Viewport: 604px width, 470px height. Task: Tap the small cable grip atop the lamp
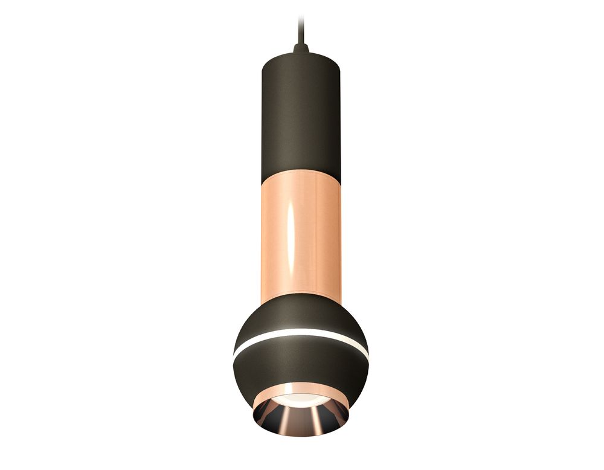pos(301,47)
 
